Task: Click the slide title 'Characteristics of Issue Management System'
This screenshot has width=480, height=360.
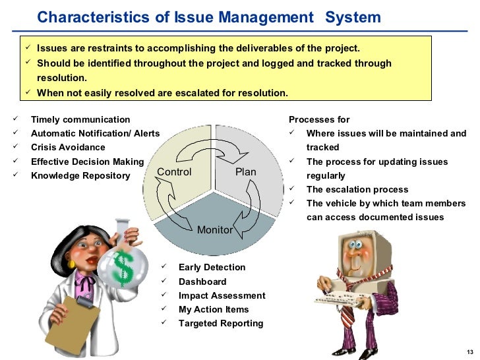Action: point(209,17)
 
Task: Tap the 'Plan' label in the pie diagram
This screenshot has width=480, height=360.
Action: point(245,172)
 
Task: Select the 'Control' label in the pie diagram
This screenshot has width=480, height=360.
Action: point(174,172)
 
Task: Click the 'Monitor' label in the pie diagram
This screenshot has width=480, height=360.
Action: point(214,229)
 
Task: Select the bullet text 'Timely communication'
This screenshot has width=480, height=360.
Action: point(80,119)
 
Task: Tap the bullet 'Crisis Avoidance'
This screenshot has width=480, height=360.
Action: point(68,147)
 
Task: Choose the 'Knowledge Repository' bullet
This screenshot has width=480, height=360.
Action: point(80,175)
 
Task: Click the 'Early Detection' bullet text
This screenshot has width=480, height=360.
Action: point(212,267)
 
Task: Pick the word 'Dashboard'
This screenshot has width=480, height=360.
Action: point(202,282)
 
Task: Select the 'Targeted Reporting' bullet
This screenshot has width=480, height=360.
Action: point(220,323)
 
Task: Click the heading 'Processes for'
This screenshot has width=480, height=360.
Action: point(319,119)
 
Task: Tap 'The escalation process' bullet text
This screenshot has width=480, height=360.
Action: point(357,189)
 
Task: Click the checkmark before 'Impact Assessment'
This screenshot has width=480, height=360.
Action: point(164,295)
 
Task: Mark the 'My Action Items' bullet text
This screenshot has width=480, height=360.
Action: point(213,309)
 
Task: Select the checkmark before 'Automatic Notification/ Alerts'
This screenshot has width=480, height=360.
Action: point(15,133)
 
